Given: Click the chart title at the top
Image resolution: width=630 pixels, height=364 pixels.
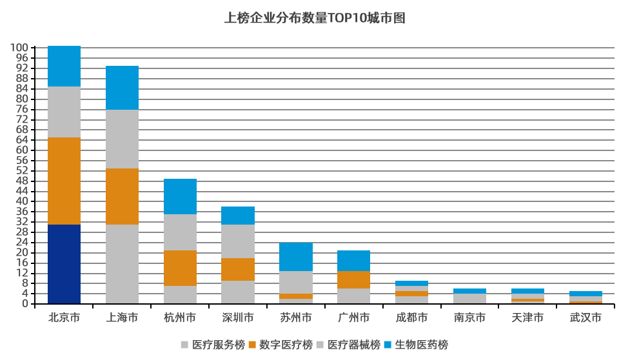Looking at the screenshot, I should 315,17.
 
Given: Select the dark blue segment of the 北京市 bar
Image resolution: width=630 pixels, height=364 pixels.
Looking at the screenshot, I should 64,264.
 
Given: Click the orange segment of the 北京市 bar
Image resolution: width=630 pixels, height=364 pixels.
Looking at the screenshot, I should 64,181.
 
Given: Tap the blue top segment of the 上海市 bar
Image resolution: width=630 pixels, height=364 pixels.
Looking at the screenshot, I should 122,88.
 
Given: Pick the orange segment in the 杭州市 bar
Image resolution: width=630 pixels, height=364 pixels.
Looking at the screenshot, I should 180,268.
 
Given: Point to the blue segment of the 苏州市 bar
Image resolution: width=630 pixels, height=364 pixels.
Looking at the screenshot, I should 296,257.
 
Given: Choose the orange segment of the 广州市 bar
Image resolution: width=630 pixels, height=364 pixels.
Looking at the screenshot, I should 353,279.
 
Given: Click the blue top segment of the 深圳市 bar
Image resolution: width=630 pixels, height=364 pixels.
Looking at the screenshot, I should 238,216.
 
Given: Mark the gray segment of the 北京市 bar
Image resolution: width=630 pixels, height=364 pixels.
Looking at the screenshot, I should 64,112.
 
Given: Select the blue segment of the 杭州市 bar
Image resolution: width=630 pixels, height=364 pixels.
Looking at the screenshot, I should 180,196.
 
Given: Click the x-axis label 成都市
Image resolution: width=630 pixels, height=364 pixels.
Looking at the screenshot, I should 411,318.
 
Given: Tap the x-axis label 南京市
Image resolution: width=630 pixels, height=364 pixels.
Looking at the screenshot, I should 469,318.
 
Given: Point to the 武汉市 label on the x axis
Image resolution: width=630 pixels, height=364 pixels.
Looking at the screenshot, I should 586,318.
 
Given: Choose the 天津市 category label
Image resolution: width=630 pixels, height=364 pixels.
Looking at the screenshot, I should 527,318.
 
